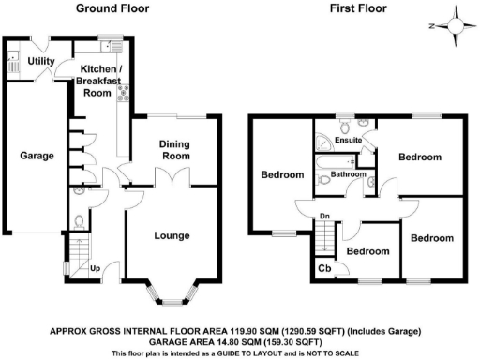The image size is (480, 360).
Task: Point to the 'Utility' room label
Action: (40, 61)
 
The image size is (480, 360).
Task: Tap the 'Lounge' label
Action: (172, 235)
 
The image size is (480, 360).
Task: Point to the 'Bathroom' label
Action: (347, 174)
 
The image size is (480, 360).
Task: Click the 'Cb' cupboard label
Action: (324, 268)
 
